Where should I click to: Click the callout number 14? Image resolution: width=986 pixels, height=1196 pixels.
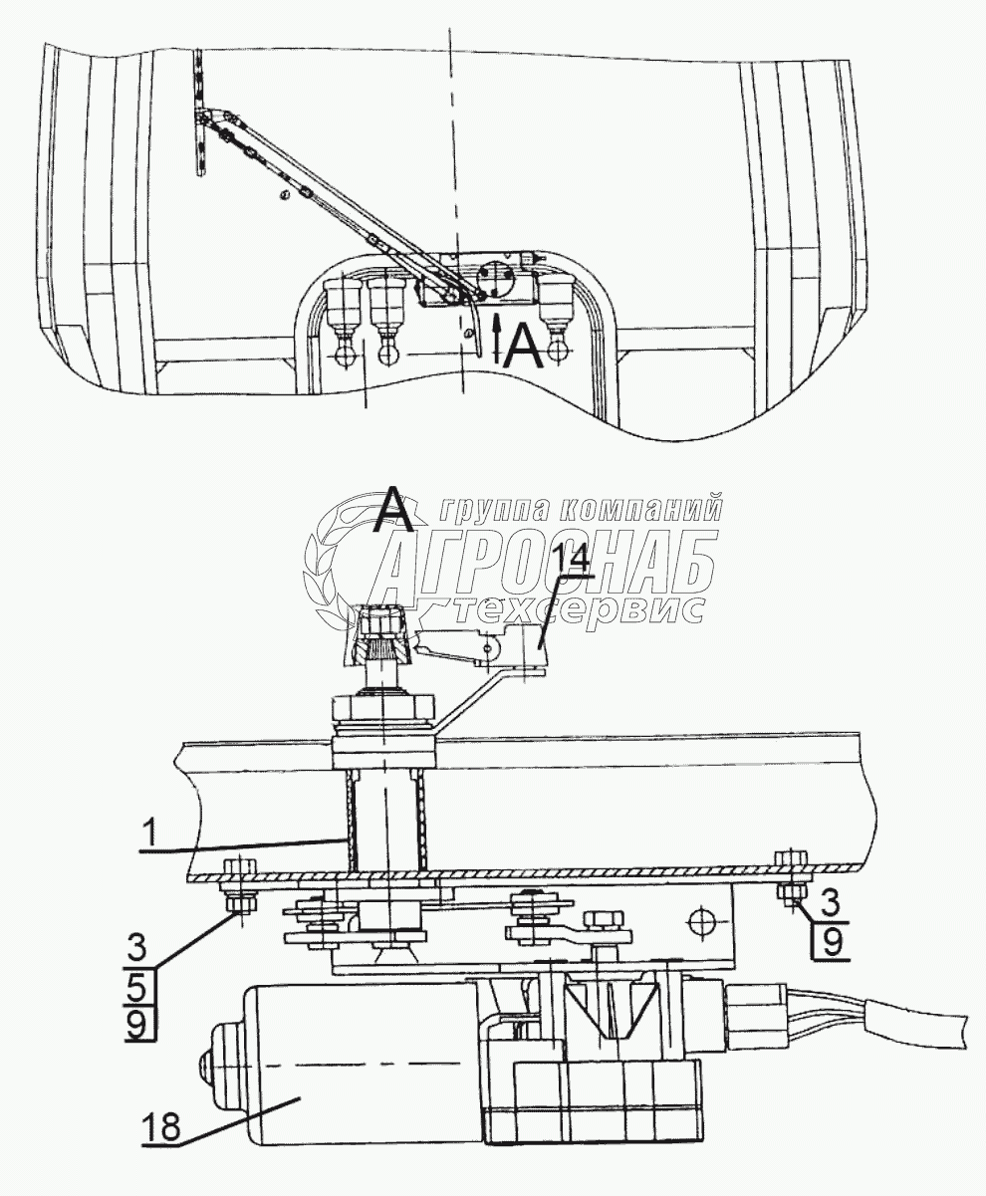(574, 562)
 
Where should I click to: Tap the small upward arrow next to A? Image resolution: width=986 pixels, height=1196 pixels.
(498, 334)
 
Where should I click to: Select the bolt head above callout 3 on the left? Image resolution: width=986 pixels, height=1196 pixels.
(239, 864)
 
